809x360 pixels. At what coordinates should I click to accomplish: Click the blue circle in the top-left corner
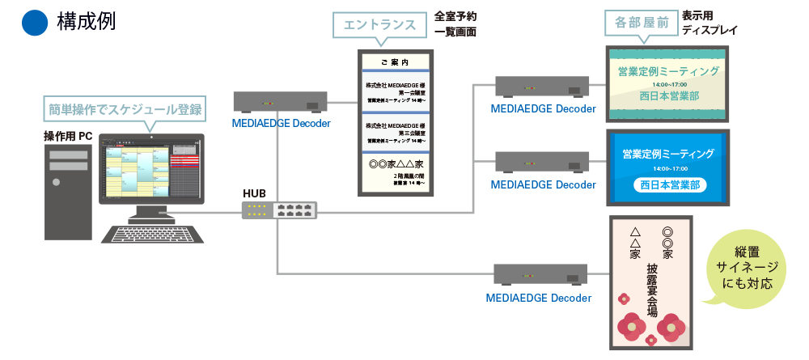coord(35,23)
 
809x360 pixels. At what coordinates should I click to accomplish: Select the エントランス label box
coord(379,25)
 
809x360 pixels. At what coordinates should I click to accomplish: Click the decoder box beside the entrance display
coord(280,101)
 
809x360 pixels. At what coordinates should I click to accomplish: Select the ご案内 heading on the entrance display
coord(396,61)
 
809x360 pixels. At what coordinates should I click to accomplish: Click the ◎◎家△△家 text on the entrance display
coord(396,163)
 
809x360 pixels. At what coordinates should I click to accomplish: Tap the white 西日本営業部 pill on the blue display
coord(668,185)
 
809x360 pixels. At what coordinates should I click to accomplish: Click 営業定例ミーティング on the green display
coord(668,71)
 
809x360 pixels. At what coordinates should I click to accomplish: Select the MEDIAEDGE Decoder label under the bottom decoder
coord(539,298)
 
